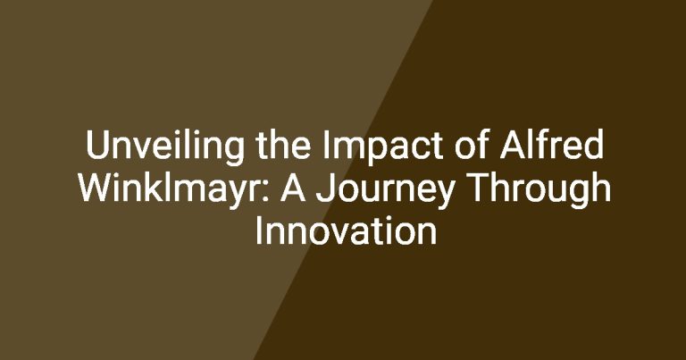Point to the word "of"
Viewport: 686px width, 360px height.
click(x=471, y=145)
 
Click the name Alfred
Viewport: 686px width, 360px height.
click(x=552, y=145)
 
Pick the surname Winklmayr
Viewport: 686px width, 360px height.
click(x=172, y=190)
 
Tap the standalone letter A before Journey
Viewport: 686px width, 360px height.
click(x=293, y=188)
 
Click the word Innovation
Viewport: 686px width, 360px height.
click(x=346, y=230)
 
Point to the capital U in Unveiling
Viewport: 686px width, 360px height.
click(x=96, y=145)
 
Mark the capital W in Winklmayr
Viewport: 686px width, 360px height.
click(x=96, y=188)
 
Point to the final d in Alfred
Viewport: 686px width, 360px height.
click(x=595, y=145)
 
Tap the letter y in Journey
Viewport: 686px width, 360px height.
click(x=444, y=196)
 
